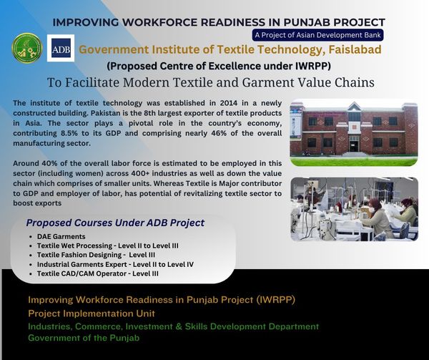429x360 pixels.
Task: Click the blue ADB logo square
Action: (x=61, y=48)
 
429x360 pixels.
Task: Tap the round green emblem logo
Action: (x=27, y=48)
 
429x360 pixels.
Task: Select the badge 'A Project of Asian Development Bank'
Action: (x=317, y=35)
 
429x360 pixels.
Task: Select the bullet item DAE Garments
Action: (x=61, y=236)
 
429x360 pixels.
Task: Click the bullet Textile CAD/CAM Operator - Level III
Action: (x=98, y=273)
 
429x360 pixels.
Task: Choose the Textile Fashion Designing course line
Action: (x=96, y=255)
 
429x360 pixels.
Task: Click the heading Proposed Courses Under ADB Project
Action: (x=115, y=223)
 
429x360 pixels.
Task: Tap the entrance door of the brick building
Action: (x=354, y=145)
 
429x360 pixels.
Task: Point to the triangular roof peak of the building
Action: (x=354, y=107)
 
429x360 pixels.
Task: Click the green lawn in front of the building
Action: (x=354, y=161)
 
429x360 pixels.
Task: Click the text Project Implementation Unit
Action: (x=92, y=313)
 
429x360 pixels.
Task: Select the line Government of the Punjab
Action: (x=84, y=338)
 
